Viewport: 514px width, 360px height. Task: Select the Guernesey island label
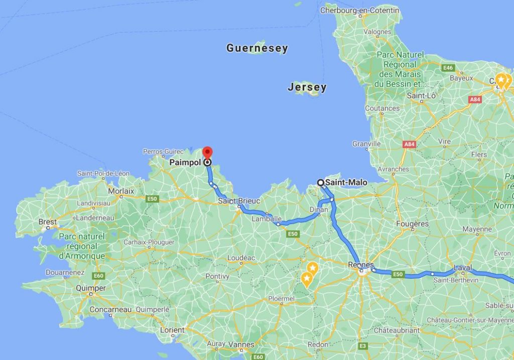[257, 48]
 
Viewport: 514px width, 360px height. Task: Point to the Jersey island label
[307, 87]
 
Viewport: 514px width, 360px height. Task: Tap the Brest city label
[48, 221]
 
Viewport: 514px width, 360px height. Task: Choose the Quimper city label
[90, 288]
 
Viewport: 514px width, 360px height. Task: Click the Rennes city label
[361, 265]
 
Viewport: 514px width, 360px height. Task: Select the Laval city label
[462, 268]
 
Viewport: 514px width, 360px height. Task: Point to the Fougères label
[412, 223]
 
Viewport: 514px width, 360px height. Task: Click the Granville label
[366, 144]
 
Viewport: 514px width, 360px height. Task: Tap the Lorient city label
[172, 330]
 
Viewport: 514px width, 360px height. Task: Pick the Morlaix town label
[121, 191]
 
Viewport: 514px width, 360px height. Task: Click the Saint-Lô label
[421, 95]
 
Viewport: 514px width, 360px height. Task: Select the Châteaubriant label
[397, 330]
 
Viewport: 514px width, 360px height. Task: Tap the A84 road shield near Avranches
[410, 145]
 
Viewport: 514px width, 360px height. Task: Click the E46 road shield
[448, 67]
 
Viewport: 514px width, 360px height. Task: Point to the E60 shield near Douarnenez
[98, 276]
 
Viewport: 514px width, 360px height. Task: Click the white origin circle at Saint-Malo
[320, 183]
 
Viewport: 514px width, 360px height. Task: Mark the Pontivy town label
[217, 276]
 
